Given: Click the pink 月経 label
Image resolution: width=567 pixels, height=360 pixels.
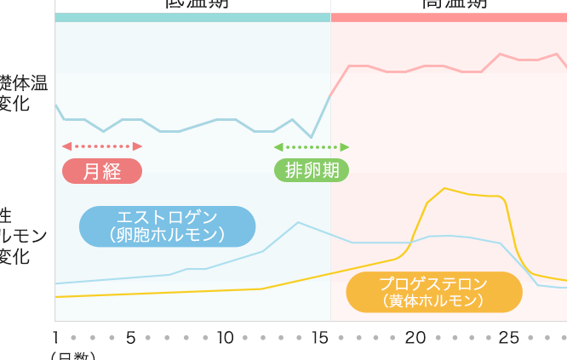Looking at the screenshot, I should (x=102, y=171).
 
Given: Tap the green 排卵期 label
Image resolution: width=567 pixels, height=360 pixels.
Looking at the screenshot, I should (x=312, y=170).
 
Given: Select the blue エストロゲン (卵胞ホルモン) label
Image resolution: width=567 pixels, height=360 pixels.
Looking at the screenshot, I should (x=167, y=226).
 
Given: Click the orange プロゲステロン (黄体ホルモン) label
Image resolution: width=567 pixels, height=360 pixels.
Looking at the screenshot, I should (x=433, y=291).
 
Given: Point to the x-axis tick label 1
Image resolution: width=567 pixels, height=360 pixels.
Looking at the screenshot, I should (x=56, y=338).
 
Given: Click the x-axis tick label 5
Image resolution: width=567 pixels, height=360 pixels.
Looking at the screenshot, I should (x=131, y=338).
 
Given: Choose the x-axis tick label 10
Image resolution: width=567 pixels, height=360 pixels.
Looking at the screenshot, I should (x=225, y=338).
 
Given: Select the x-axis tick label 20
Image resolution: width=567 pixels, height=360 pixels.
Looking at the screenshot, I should (x=415, y=338).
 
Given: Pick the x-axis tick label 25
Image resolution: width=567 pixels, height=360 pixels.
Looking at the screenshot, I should (x=508, y=338).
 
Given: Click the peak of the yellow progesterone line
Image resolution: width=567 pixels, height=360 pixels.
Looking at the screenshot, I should (x=444, y=188).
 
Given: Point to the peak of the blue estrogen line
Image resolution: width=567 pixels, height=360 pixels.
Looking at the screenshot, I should (x=298, y=222).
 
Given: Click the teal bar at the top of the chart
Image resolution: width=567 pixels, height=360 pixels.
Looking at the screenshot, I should (x=192, y=17).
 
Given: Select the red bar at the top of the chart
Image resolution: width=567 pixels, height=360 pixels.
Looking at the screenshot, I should (x=449, y=17).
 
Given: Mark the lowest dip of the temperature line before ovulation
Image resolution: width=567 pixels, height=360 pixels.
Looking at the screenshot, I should (x=311, y=137).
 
